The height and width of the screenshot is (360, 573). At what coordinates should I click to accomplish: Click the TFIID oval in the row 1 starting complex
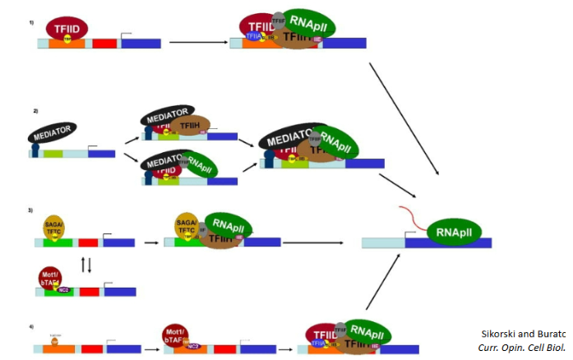(68, 27)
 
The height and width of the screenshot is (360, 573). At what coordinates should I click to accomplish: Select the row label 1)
(32, 22)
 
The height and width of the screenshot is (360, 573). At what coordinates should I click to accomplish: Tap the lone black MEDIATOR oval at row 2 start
(53, 132)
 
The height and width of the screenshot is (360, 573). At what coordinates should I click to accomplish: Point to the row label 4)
(32, 327)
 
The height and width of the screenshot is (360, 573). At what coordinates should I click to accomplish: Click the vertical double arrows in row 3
(85, 263)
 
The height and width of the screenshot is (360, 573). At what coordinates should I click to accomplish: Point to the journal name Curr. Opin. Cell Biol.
(522, 348)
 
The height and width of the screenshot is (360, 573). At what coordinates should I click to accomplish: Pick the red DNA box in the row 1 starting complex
(104, 43)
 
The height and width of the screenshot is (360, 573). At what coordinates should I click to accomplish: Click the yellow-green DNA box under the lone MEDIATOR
(53, 154)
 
